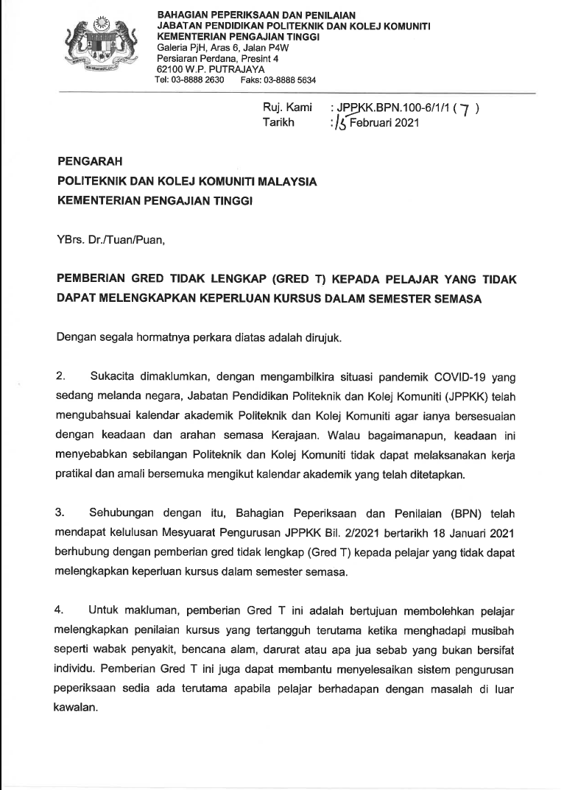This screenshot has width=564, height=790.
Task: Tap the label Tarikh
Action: coord(278,123)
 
